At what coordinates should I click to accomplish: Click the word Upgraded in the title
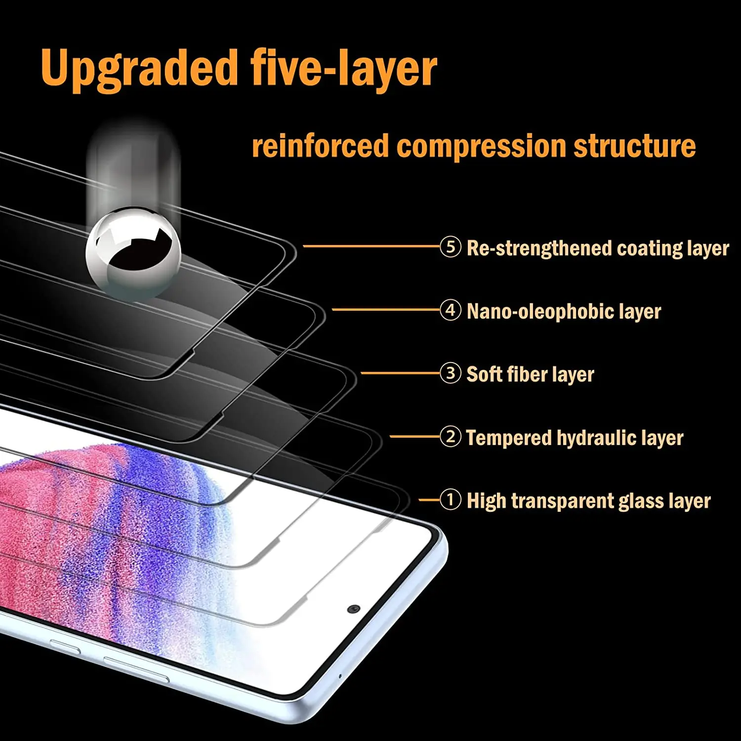(139, 69)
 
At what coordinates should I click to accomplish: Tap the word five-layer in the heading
(344, 69)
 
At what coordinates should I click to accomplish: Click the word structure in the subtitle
(634, 146)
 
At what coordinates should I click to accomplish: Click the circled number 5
(450, 247)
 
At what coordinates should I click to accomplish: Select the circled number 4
(450, 310)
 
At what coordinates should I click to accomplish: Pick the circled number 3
(450, 373)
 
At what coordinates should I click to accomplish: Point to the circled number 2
(450, 437)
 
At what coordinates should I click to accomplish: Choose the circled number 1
(450, 500)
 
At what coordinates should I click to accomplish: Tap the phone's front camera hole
(353, 609)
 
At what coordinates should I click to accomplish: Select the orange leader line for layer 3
(400, 373)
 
